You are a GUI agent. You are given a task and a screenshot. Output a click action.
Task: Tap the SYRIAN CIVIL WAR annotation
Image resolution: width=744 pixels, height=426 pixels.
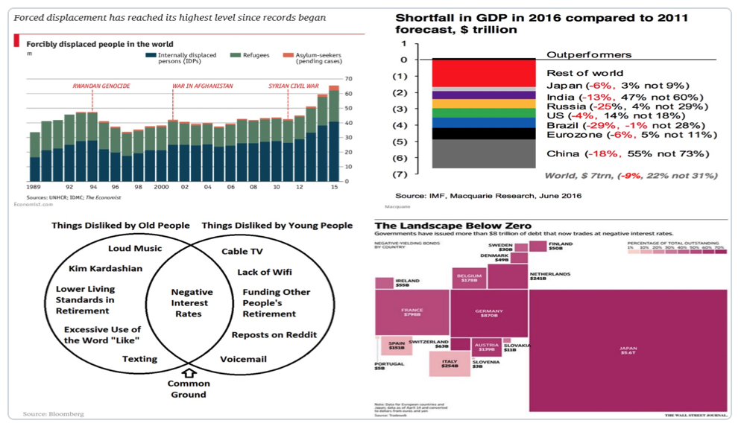click(294, 86)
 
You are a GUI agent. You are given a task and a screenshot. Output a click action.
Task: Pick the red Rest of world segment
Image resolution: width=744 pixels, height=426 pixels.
click(484, 74)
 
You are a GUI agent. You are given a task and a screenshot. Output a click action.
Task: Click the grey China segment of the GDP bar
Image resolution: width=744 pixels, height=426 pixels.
click(484, 153)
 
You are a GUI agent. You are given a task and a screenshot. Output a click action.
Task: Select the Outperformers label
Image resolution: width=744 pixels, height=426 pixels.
click(589, 55)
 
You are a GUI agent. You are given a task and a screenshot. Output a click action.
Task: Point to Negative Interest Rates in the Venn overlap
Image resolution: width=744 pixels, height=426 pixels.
click(192, 303)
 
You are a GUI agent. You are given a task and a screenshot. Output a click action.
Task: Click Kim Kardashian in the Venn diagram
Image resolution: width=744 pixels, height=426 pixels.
click(105, 268)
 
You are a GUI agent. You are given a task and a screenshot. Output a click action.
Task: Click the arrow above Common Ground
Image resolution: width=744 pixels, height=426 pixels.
click(189, 372)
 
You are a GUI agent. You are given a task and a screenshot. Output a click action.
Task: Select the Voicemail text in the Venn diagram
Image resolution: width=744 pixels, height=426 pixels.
click(243, 359)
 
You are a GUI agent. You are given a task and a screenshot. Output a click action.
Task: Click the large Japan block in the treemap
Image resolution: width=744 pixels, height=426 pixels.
click(628, 347)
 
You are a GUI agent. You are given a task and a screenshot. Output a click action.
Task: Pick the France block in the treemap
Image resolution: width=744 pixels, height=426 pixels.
click(412, 313)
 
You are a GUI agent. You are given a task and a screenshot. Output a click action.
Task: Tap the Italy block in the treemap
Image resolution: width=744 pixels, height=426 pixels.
click(450, 363)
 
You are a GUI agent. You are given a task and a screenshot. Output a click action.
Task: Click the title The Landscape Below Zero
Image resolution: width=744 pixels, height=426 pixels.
click(453, 226)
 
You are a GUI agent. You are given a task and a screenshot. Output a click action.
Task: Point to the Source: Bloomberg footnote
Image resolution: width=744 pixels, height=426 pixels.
click(53, 414)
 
